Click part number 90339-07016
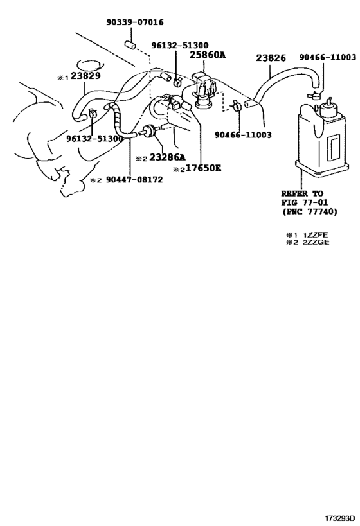point(135,22)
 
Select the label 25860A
point(207,55)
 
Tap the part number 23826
point(271,58)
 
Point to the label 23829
point(85,76)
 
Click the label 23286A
point(167,157)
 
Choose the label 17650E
point(204,168)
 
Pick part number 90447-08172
point(134,180)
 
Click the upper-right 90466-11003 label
point(327,57)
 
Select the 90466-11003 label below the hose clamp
point(243,135)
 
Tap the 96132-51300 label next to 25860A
point(179,45)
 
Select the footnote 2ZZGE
point(316,242)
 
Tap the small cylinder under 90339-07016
point(130,44)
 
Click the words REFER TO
point(302,193)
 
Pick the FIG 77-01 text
point(305,202)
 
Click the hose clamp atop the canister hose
point(314,96)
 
